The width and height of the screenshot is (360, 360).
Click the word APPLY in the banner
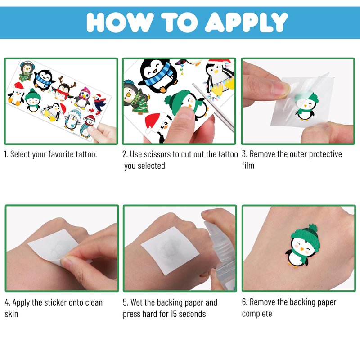(x=246, y=22)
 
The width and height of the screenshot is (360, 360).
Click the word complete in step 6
(x=257, y=314)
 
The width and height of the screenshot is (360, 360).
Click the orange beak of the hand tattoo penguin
(x=302, y=249)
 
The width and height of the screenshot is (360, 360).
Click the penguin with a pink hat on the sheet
(x=83, y=98)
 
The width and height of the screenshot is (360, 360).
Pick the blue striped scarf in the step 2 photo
(x=158, y=75)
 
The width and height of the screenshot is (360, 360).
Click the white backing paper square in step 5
(x=170, y=250)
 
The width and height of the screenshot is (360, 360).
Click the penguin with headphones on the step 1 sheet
(x=26, y=72)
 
